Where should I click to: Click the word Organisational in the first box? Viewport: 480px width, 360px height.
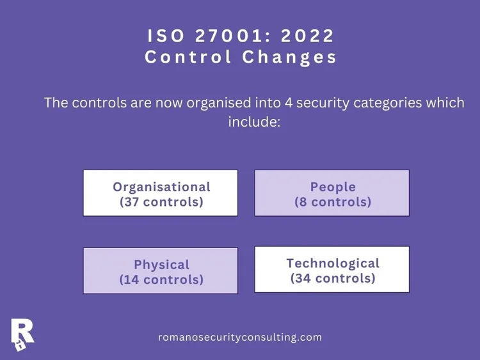161,187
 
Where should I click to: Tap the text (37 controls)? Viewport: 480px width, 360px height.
161,202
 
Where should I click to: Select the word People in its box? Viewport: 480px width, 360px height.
333,187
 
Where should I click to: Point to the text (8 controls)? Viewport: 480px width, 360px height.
333,202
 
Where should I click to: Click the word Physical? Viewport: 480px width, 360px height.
161,265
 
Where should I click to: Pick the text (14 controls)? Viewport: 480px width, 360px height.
161,279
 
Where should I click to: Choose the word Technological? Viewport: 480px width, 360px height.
333,263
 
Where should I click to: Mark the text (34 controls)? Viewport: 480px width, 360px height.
333,278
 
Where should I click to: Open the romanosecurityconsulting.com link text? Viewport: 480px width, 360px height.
240,337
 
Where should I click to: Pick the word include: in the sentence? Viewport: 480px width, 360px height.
254,121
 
